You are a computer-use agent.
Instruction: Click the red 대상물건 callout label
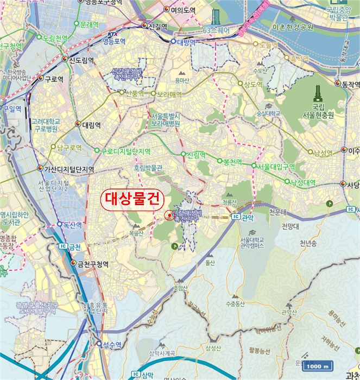coord(129,197)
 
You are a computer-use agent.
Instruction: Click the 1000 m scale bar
coord(318,366)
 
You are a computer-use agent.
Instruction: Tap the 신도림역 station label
coord(78,60)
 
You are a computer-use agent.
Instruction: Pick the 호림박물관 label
coord(148,169)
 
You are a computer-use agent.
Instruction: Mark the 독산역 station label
coord(71,224)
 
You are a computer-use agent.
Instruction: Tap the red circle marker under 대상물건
coord(168,216)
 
